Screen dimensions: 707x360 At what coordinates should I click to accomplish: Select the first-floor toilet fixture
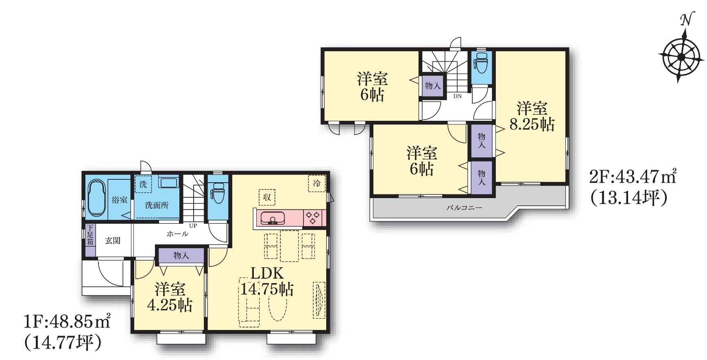pos(218,193)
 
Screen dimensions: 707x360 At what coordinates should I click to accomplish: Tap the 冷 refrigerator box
pos(317,183)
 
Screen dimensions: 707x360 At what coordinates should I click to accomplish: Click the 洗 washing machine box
pos(143,184)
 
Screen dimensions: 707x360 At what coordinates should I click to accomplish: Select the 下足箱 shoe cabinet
pos(90,240)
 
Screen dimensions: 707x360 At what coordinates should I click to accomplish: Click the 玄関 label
pos(113,240)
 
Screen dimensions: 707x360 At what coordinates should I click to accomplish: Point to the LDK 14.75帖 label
pos(267,281)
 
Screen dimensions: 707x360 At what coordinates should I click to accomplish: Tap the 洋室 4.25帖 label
pos(170,297)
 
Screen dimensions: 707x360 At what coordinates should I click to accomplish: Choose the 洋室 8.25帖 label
pos(532,116)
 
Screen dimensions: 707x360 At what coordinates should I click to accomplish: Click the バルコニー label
pos(465,207)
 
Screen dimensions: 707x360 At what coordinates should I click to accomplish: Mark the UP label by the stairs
pos(193,226)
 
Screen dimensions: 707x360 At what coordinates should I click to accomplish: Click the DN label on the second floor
pos(458,96)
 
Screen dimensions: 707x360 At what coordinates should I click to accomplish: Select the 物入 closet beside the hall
pos(181,255)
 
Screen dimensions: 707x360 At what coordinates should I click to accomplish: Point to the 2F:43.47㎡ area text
pos(633,177)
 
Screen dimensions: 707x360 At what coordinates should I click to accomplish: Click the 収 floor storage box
pos(267,197)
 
